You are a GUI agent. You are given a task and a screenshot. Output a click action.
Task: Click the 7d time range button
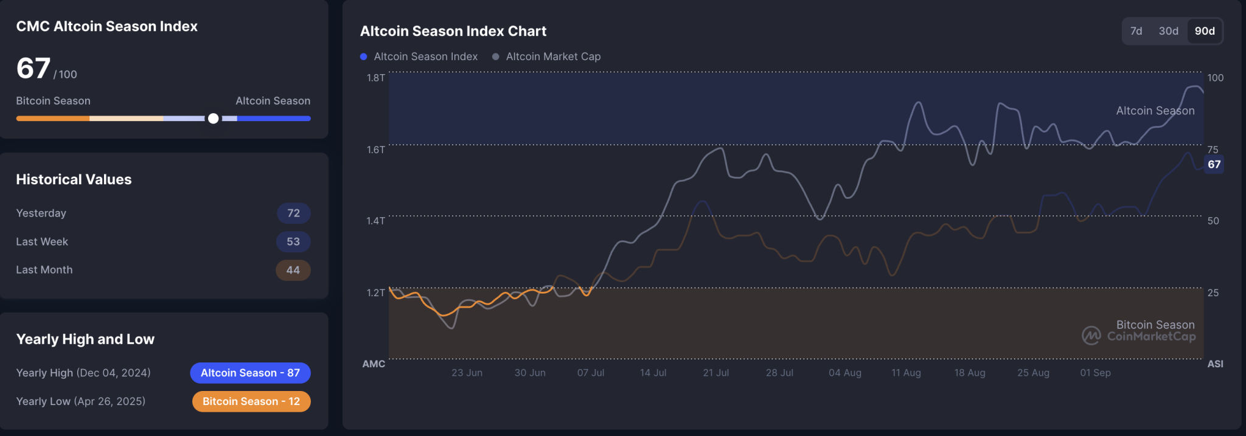tap(1136, 31)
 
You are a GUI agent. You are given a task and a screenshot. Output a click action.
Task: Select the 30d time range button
tap(1168, 31)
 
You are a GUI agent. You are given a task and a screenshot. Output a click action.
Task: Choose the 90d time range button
tap(1205, 31)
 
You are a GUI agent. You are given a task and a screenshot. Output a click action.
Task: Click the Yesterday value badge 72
tap(293, 213)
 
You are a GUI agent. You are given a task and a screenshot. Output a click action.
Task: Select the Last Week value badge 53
tap(293, 241)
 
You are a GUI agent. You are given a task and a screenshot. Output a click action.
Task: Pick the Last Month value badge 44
tap(293, 270)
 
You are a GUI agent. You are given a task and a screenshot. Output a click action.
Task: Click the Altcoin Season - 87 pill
tap(250, 373)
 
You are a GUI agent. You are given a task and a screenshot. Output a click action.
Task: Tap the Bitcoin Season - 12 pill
tap(251, 401)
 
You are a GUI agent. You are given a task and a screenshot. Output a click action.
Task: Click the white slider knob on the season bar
tap(213, 119)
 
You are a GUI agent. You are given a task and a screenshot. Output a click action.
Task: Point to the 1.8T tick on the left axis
tap(375, 78)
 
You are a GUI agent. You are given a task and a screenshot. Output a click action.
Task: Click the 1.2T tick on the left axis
tap(375, 292)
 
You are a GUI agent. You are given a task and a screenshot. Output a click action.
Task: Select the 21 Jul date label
tap(715, 373)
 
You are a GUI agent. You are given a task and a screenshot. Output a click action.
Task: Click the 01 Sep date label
tap(1095, 373)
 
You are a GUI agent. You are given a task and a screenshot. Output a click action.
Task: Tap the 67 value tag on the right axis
tap(1214, 164)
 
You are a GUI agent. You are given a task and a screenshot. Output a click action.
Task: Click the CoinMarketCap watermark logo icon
tap(1091, 335)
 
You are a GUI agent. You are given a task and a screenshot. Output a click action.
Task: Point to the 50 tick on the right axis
tap(1213, 221)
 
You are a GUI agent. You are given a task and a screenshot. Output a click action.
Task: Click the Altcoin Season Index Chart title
tap(453, 31)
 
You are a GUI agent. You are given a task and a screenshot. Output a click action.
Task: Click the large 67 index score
tap(33, 68)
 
